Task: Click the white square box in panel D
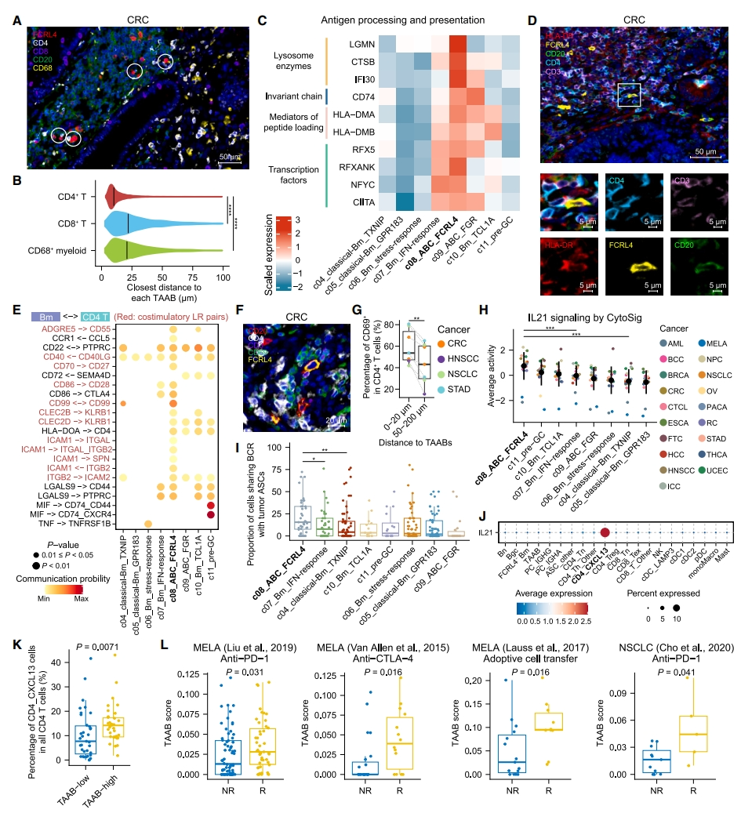(x=629, y=96)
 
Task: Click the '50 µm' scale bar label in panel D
(x=704, y=148)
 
